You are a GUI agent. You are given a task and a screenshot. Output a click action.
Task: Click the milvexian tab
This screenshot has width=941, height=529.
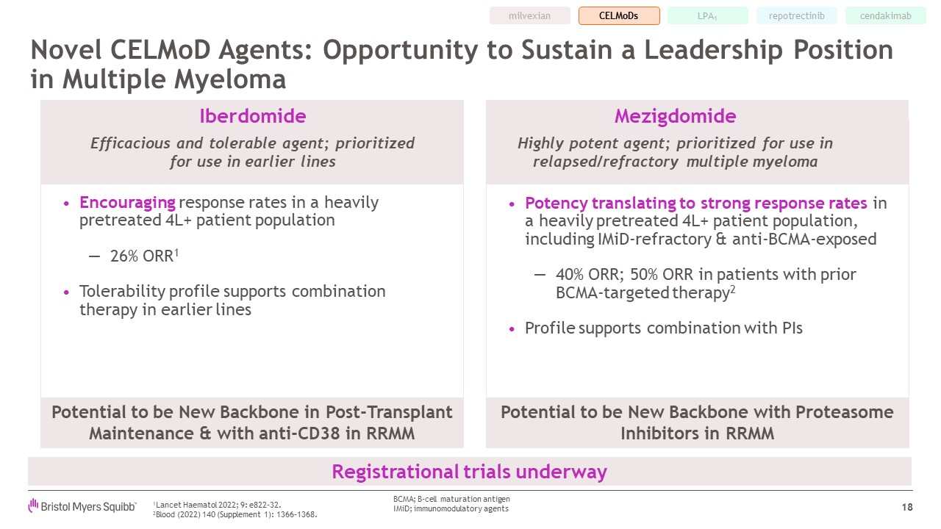(530, 16)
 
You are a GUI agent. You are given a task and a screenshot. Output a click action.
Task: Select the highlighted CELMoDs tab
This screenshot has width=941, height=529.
(619, 16)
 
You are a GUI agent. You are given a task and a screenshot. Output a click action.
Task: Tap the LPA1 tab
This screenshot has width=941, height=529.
(707, 16)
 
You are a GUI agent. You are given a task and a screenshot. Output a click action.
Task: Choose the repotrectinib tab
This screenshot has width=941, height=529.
(796, 16)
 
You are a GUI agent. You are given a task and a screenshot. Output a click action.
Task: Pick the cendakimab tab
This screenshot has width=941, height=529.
(886, 16)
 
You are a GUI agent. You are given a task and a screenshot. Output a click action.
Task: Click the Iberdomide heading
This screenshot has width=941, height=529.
(252, 116)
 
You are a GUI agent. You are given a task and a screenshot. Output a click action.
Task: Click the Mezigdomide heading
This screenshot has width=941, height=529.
(675, 116)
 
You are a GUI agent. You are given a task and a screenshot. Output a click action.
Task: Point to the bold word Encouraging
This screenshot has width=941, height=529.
(127, 203)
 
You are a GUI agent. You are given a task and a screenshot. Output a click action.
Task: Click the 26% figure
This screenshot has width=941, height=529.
(124, 256)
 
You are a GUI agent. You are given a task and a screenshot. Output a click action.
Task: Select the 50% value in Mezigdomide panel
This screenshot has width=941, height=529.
(644, 275)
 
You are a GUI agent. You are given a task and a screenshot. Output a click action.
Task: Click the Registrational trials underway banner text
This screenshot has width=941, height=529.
(469, 472)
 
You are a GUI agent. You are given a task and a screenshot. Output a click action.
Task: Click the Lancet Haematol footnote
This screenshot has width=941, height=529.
(217, 505)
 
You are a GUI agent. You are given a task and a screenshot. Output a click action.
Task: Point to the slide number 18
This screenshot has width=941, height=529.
(907, 507)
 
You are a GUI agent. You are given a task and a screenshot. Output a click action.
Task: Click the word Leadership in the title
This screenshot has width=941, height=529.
(713, 51)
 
